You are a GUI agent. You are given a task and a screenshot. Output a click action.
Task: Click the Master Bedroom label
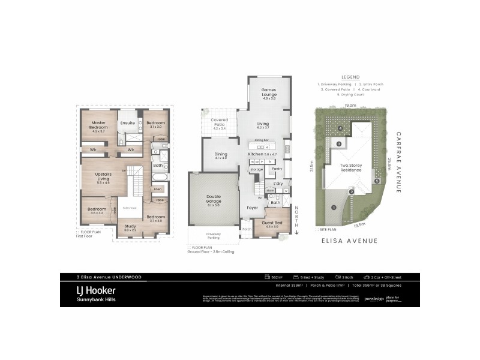[x=98, y=125]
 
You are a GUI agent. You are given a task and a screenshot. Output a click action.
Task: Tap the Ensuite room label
[x=127, y=123]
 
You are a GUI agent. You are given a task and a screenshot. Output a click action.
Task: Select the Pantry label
[x=277, y=169]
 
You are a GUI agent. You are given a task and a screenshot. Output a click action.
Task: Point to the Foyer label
[x=251, y=208]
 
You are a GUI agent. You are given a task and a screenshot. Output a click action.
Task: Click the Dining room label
[x=221, y=155]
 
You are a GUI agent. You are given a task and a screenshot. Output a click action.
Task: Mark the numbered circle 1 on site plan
[x=332, y=208]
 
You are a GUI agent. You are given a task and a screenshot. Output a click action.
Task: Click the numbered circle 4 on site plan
[x=340, y=128]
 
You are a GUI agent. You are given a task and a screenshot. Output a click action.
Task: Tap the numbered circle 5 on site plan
[x=377, y=181]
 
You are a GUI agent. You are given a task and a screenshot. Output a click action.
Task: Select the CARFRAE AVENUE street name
[x=399, y=162]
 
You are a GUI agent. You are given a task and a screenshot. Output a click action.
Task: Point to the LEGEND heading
[x=350, y=77]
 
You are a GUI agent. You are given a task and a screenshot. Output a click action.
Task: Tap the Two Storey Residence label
[x=350, y=167]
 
